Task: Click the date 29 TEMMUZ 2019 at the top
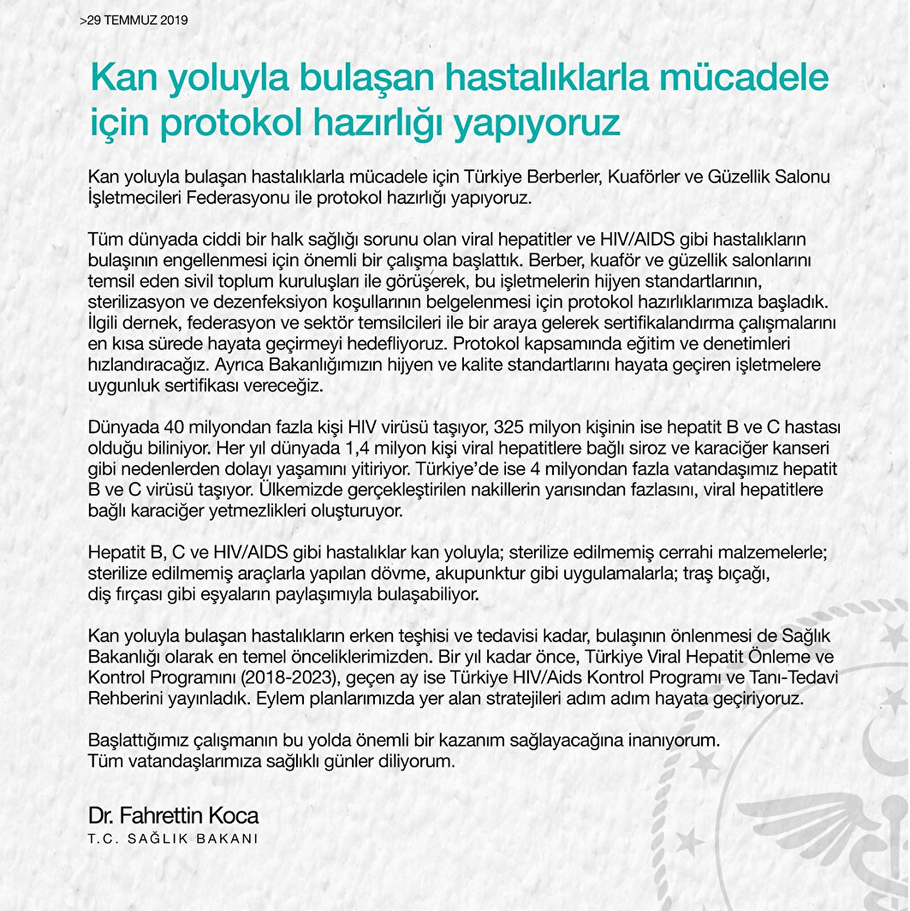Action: (136, 18)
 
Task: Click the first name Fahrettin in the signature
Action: (159, 815)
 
